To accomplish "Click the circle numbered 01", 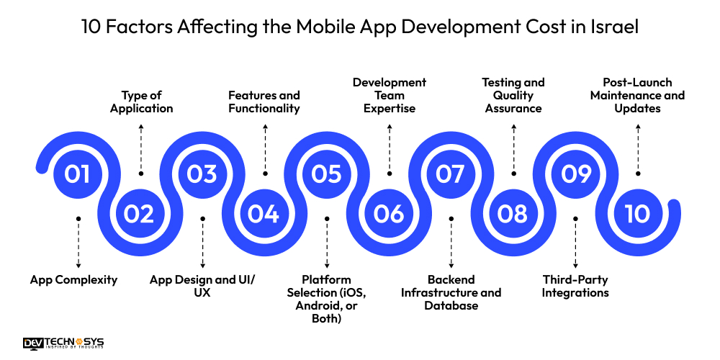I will coord(78,174).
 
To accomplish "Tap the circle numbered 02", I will coord(140,213).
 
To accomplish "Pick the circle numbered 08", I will coord(513,213).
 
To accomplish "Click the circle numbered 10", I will coord(637,213).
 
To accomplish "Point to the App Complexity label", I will coord(73,279).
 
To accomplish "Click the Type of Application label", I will coord(141,102).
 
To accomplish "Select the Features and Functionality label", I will coord(264,102).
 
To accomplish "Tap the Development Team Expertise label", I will coord(390,95).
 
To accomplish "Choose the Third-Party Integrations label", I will coord(575,286).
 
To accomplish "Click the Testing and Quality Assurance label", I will coord(513,95).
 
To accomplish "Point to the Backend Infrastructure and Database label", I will coord(451,292).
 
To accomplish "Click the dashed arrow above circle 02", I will coord(141,150).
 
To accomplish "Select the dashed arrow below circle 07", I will coord(451,243).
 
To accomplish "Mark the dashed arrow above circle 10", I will coord(637,150).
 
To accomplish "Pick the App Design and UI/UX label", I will coord(202,286).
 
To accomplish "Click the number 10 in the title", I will coord(94,28).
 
